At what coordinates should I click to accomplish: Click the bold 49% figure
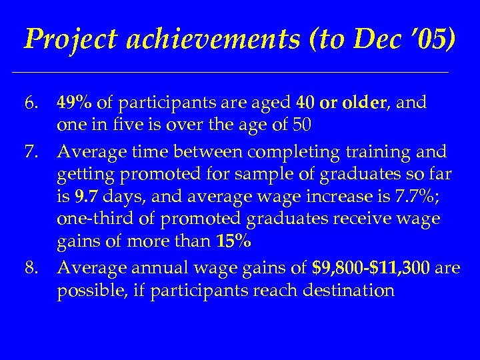coord(75,103)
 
